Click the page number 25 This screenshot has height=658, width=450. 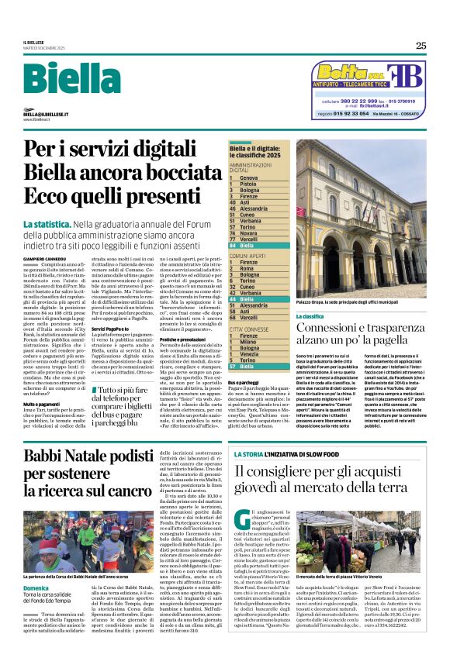[421, 45]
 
